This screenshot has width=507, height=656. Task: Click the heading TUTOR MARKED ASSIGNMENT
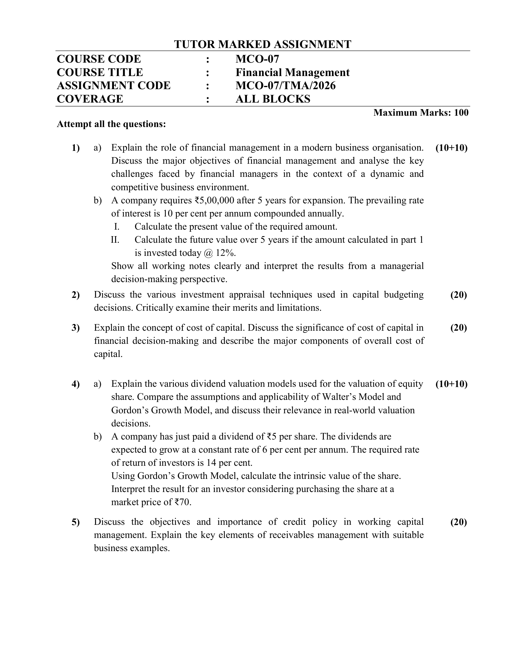[262, 44]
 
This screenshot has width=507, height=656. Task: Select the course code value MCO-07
[257, 59]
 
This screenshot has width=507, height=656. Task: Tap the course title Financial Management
[292, 72]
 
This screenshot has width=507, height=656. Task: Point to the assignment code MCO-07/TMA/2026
[285, 86]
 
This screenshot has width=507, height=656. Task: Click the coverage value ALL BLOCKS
[273, 99]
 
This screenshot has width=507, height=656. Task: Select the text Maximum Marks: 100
[421, 113]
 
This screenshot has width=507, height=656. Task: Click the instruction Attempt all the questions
[111, 124]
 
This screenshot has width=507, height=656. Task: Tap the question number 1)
[76, 148]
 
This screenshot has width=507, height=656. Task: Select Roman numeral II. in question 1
[115, 240]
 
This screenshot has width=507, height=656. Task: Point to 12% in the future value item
[225, 253]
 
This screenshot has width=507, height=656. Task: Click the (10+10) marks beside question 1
[451, 148]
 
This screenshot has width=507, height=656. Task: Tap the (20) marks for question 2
[458, 295]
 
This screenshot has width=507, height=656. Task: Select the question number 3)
[76, 328]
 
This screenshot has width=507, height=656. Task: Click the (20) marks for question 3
[458, 328]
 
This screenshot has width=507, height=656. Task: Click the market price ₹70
[182, 502]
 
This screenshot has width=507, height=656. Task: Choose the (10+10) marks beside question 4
[451, 384]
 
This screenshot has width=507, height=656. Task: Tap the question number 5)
[76, 522]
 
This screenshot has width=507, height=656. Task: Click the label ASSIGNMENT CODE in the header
[114, 86]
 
